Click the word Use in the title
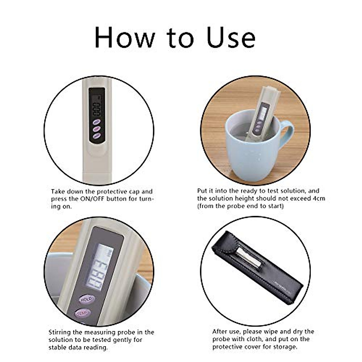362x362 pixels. (x=231, y=37)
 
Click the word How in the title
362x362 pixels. (x=125, y=37)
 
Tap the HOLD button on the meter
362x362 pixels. (x=87, y=299)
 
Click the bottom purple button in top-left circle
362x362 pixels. (x=97, y=136)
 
